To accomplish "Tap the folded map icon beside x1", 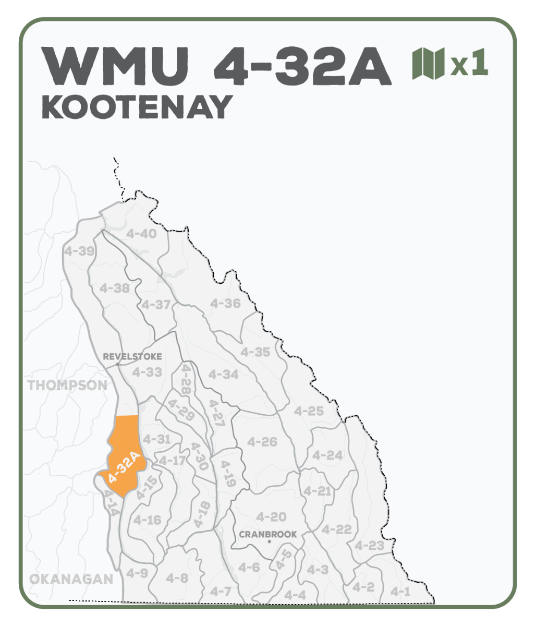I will point(428,64).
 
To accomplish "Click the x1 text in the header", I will point(469,63).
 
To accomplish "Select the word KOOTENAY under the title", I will point(137,107).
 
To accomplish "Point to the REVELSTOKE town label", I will point(132,357).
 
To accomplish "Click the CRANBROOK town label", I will point(268,534).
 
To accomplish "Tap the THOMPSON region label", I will point(67,386).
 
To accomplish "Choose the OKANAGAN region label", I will point(71,579).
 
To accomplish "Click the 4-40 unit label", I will point(141,234).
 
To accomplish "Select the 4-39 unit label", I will point(79,251).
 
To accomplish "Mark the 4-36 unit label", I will point(225,303).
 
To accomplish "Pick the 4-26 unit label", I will point(262,442).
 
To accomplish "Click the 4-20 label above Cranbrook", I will point(271,517).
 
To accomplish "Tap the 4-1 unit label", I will point(400,592).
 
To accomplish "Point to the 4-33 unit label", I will point(147,372).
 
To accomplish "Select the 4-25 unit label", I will point(309,411).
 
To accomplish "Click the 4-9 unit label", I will point(137,573).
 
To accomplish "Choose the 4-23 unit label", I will point(369,546).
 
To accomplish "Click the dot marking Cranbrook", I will point(269,542).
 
